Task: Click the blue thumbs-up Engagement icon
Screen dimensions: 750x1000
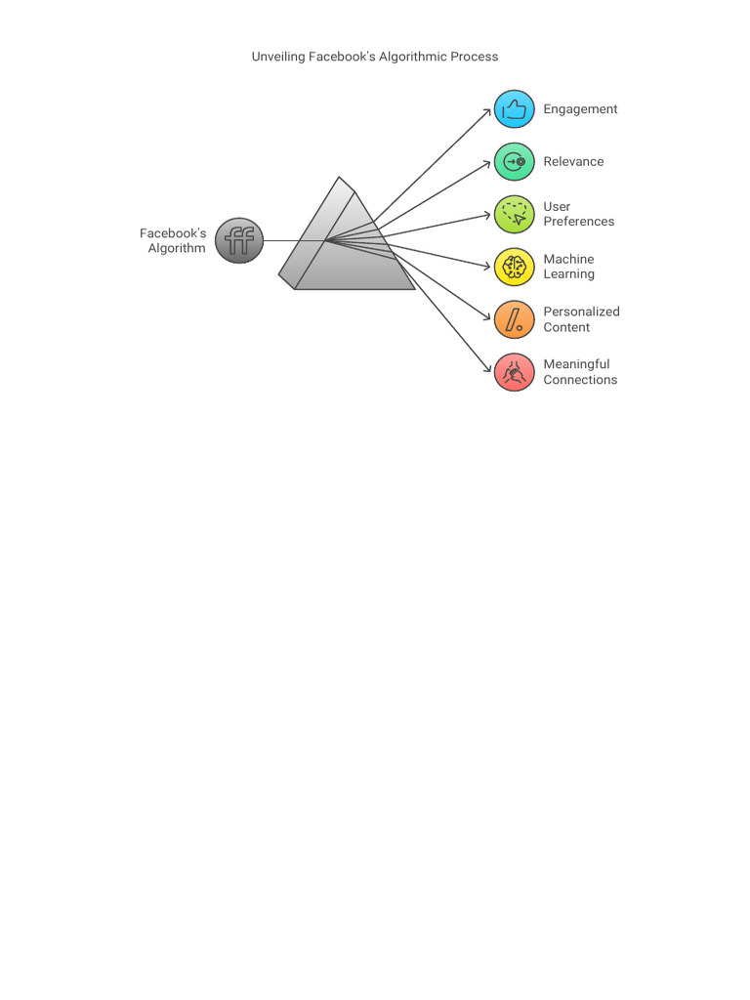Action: (515, 110)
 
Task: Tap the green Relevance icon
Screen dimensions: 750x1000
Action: (515, 162)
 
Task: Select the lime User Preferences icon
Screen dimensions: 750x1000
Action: (515, 214)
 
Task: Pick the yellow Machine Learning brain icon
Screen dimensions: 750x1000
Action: (515, 267)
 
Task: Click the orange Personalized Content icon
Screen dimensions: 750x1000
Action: (515, 319)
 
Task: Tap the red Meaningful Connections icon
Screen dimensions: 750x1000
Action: (515, 372)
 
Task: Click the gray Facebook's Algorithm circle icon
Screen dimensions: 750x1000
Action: (239, 240)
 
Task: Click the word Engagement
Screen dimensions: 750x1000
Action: (580, 109)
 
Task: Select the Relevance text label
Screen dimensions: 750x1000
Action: (573, 162)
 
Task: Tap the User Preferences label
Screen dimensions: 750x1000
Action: (578, 214)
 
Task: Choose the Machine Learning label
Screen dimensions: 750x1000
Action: (568, 267)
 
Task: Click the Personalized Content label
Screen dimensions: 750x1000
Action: (581, 319)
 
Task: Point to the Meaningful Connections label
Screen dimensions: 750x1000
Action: (580, 372)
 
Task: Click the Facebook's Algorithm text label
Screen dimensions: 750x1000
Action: (173, 240)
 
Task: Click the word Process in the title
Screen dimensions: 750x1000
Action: (474, 57)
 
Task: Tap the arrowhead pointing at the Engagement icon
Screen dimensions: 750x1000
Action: (488, 111)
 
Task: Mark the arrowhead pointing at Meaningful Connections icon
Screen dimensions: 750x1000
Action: (488, 369)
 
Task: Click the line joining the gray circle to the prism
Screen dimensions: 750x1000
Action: (293, 240)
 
